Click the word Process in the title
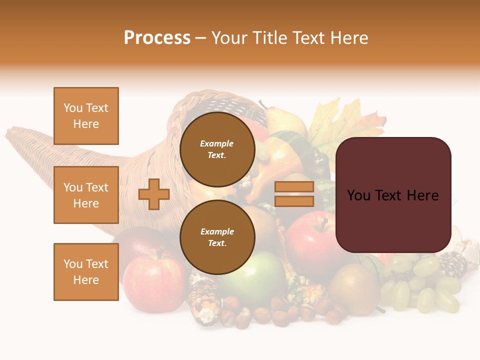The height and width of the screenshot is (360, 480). [157, 38]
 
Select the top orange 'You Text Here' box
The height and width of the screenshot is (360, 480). [86, 116]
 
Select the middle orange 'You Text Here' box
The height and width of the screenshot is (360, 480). [86, 195]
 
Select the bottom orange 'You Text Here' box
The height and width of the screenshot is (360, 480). [86, 271]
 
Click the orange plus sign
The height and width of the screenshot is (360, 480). [154, 194]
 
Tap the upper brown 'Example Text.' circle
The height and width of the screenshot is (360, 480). [217, 149]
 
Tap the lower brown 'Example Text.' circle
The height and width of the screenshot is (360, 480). [217, 237]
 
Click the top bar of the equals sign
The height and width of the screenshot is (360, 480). [294, 187]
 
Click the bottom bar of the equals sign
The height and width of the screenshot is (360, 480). [294, 201]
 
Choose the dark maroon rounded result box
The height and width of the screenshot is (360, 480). [393, 195]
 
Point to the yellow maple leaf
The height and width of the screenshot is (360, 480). [345, 122]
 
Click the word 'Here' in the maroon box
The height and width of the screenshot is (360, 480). [422, 195]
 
